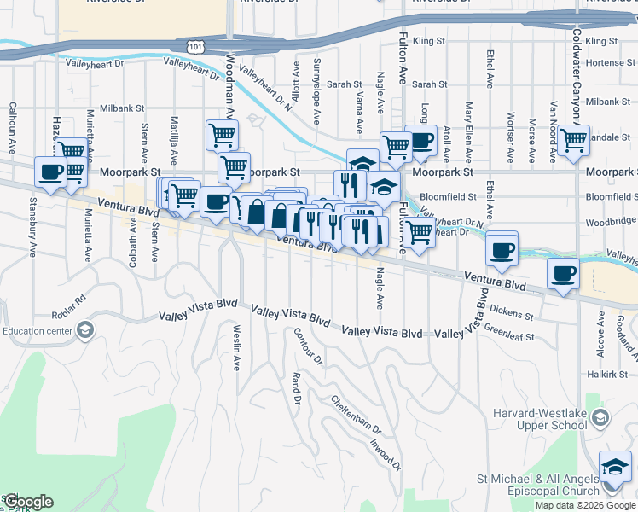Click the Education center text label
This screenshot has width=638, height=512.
[x=36, y=331]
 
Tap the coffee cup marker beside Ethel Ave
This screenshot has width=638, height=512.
[x=502, y=250]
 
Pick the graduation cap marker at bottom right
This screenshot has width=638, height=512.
[x=615, y=467]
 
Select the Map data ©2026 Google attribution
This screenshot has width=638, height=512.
[x=585, y=505]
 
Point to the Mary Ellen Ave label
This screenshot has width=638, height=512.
[x=468, y=125]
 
